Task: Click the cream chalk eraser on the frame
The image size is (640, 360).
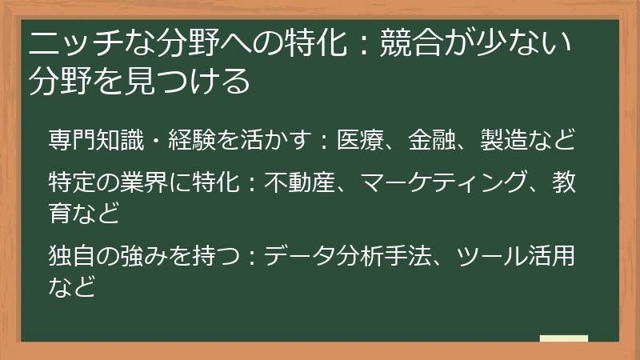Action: pos(563,338)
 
